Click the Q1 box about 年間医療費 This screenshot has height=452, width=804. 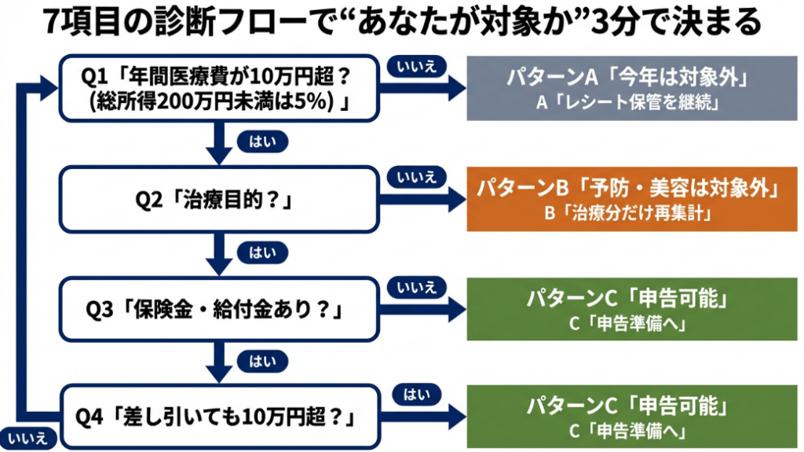[x=219, y=89]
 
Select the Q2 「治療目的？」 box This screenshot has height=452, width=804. [x=219, y=200]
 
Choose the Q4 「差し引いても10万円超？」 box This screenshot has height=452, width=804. [x=219, y=416]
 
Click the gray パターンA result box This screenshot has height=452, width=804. [x=626, y=89]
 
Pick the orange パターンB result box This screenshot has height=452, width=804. [x=626, y=200]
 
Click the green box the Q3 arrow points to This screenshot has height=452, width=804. [x=626, y=311]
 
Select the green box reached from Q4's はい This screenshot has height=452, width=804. [x=626, y=417]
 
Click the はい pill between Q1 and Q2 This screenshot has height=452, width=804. [x=260, y=141]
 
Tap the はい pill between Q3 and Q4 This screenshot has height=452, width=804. [x=260, y=362]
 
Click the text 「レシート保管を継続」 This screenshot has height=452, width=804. [x=626, y=102]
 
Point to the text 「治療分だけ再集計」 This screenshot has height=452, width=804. [x=626, y=213]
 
